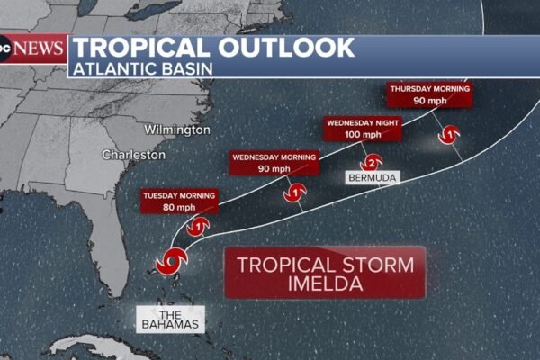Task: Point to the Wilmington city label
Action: coord(176,130)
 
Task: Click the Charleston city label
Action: coord(133,155)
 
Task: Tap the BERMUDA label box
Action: coord(371,178)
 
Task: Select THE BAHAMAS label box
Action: coord(170,318)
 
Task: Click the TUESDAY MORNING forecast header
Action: coord(179,196)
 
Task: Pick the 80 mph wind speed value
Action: coord(179,208)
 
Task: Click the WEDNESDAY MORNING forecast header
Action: coord(274,157)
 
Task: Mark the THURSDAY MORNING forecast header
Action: coord(429,89)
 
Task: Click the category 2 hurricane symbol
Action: coord(370,163)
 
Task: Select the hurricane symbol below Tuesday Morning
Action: coord(200,227)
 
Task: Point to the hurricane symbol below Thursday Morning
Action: coord(449,135)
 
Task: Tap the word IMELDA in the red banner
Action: coord(326,283)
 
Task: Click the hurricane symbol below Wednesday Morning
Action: coord(293,192)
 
